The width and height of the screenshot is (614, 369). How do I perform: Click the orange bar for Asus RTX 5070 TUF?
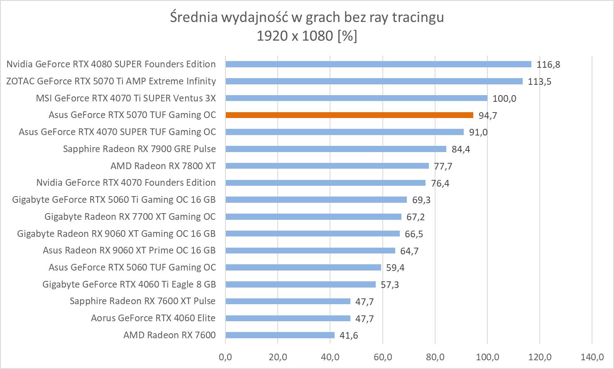coord(349,115)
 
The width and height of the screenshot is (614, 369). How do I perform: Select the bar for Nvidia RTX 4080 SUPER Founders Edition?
coord(378,64)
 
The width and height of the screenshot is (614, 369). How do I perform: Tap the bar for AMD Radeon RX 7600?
coord(280,335)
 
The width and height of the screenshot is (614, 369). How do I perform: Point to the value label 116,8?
coord(548,64)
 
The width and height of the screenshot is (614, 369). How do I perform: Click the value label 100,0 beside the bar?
coord(504,98)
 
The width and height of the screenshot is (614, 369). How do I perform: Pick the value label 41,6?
coord(349,335)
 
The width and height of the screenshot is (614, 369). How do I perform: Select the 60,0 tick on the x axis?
coord(383,357)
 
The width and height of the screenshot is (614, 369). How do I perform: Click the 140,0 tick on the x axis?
coord(592,357)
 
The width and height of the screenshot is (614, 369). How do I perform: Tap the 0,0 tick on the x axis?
coord(225,357)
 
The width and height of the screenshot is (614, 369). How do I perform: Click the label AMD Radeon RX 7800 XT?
coord(163,166)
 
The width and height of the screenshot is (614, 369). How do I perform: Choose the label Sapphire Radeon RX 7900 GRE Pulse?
coord(139,149)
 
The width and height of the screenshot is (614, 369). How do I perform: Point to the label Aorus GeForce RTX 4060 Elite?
coord(153,318)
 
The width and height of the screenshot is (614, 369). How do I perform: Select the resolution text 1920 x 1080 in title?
coord(295,36)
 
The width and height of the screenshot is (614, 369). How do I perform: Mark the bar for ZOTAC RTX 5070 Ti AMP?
coord(374,81)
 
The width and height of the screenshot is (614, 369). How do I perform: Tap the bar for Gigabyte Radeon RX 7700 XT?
coord(313,217)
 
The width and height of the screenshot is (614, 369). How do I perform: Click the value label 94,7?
coord(488,116)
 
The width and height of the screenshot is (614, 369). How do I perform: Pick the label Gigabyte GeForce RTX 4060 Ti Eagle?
coord(129,285)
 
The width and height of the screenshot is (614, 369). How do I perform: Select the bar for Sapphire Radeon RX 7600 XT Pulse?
coord(288,301)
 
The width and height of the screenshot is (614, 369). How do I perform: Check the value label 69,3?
coord(421,200)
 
